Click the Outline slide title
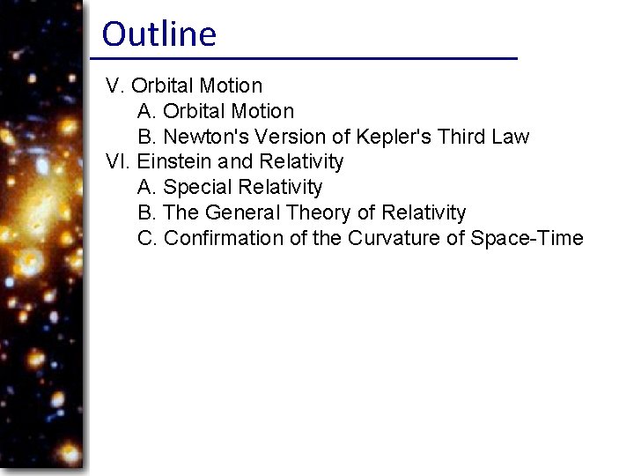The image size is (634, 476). click(158, 34)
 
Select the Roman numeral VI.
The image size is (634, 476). click(118, 162)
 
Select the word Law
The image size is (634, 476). click(512, 137)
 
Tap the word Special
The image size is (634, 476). click(195, 188)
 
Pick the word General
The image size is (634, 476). click(237, 213)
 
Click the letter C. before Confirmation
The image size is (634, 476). click(148, 238)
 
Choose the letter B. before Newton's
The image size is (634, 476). click(147, 137)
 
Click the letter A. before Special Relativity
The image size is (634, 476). click(147, 188)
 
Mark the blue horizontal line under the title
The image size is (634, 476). click(304, 58)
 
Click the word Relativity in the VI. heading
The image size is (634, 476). click(301, 162)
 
